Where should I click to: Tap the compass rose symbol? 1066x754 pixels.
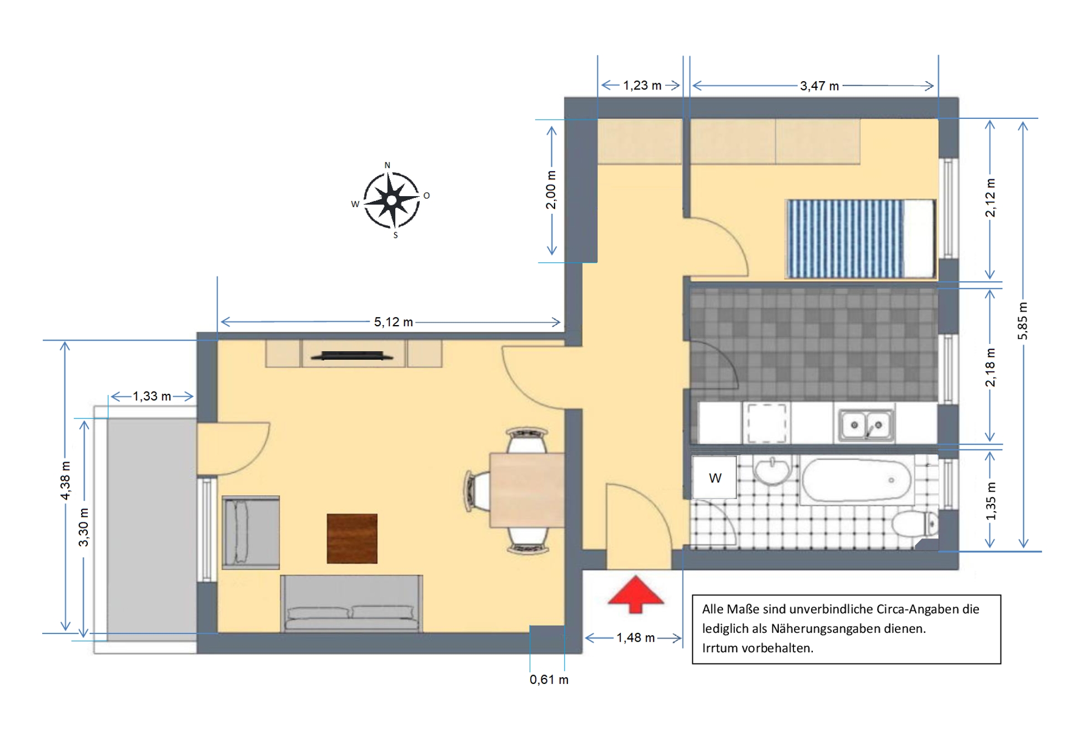click(x=391, y=200)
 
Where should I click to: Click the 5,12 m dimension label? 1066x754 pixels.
click(x=393, y=322)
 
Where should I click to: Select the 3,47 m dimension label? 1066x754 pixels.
click(x=819, y=86)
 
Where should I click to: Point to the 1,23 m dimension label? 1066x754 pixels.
click(x=642, y=86)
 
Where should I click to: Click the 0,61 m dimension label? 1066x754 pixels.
click(x=549, y=680)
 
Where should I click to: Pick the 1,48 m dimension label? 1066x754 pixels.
click(x=636, y=638)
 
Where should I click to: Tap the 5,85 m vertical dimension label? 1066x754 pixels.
click(x=1023, y=321)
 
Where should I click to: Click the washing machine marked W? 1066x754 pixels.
click(x=715, y=477)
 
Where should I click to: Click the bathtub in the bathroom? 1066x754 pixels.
click(x=857, y=480)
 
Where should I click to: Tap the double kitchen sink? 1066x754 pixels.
click(x=866, y=425)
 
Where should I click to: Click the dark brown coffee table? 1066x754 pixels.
click(x=352, y=538)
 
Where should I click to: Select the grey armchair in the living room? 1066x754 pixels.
click(x=251, y=532)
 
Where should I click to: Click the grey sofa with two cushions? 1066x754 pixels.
click(x=351, y=603)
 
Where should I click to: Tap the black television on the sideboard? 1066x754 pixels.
click(x=351, y=356)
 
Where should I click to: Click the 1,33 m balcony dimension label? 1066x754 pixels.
click(x=152, y=397)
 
